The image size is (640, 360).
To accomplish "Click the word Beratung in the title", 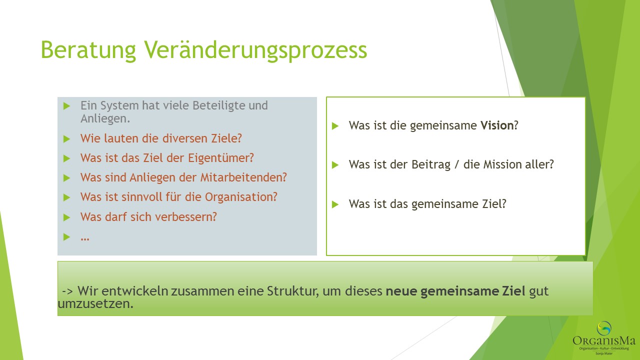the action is click(88, 50).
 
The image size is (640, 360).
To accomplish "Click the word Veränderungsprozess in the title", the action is click(255, 50).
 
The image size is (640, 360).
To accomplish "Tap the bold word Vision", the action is click(497, 125).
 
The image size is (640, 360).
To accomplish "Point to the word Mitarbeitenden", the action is click(243, 177).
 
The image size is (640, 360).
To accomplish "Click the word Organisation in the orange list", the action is click(241, 197).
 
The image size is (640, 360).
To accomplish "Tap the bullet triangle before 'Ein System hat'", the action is click(66, 106).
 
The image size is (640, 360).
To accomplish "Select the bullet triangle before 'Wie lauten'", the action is click(66, 139).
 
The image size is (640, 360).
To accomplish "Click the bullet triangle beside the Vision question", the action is click(335, 126).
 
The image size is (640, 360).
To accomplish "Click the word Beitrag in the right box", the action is click(431, 165).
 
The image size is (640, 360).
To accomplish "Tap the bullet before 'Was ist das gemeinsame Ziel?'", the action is click(335, 204).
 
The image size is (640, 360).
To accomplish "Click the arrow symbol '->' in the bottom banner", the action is click(67, 291).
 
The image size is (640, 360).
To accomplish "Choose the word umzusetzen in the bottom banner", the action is click(95, 303).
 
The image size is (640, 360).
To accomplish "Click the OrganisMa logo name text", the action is click(604, 340).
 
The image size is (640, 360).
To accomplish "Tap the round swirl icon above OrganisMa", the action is click(604, 328).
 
